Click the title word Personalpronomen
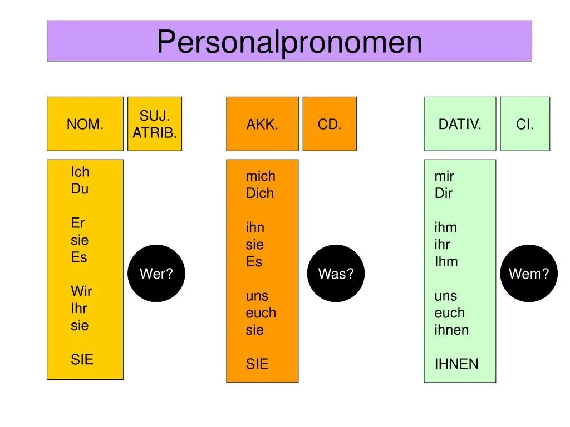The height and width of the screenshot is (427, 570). (289, 42)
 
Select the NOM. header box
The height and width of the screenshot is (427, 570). (85, 124)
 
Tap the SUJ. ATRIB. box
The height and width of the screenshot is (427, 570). (155, 124)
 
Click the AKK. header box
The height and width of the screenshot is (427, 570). (262, 124)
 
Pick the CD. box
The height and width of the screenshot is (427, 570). (330, 124)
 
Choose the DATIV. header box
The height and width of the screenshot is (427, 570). (460, 124)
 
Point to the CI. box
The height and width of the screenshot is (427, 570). (525, 124)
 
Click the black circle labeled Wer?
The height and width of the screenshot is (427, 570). (156, 274)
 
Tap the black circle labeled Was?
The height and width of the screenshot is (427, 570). (336, 274)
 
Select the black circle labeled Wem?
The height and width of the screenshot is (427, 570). (529, 274)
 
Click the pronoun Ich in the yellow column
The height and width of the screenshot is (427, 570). (80, 172)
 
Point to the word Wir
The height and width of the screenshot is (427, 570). (81, 291)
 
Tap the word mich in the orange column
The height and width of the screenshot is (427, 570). (261, 176)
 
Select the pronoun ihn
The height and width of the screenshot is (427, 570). (255, 227)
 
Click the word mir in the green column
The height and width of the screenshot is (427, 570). (444, 176)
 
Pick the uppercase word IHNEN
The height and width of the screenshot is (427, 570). (456, 364)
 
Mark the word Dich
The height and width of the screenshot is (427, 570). (260, 193)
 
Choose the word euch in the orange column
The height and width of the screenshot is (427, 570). (261, 313)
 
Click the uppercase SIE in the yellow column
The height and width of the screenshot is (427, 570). (82, 359)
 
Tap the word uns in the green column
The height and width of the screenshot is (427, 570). (446, 296)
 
